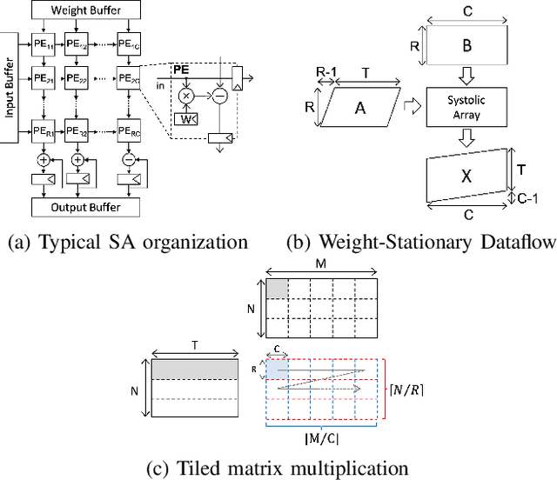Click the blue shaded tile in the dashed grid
click(275, 369)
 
